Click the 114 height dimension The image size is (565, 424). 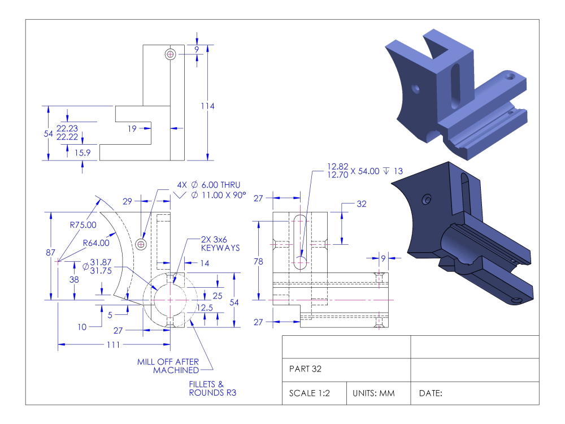[208, 106]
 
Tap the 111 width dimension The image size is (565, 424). [114, 344]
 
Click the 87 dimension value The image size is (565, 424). [50, 253]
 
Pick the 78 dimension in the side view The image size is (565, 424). [259, 261]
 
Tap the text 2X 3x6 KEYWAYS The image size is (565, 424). [220, 244]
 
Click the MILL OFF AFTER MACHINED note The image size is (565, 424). [168, 366]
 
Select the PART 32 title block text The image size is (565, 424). [306, 369]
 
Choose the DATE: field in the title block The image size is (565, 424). [430, 393]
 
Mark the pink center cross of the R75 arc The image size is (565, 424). [58, 261]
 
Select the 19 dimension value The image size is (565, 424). [132, 129]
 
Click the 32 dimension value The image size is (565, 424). [362, 204]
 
